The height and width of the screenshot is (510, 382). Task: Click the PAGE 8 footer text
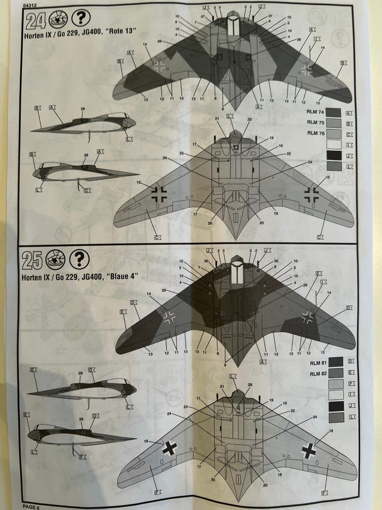(x=31, y=507)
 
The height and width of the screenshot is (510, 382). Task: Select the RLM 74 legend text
(x=316, y=112)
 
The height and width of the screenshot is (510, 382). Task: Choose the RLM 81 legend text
(x=318, y=363)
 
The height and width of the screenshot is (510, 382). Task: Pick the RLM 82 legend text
(x=318, y=373)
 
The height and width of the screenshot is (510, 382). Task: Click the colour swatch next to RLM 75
(x=333, y=123)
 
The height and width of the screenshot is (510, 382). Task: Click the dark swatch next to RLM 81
(x=336, y=362)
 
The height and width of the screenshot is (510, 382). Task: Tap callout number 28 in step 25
(x=250, y=384)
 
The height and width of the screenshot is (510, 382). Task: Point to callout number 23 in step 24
(x=181, y=153)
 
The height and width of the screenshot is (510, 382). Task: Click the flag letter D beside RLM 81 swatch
(x=351, y=361)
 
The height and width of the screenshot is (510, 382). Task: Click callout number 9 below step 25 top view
(x=225, y=365)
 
